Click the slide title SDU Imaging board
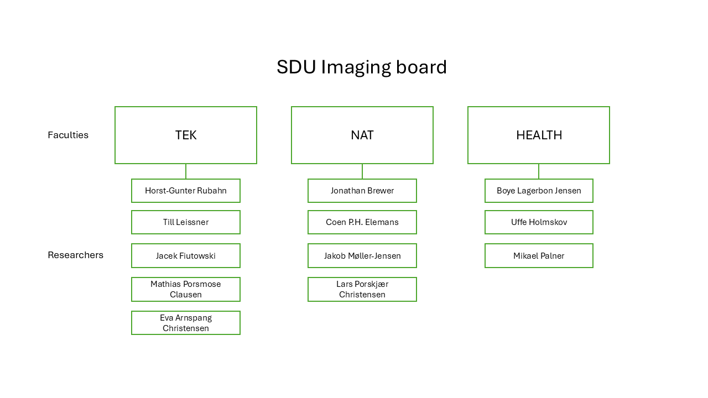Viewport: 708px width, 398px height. point(362,67)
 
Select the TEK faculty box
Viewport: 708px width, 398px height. point(186,135)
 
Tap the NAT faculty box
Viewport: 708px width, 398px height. point(362,135)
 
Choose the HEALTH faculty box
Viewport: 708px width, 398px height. point(539,135)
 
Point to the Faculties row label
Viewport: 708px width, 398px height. point(68,135)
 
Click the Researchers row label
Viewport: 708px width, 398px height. point(75,255)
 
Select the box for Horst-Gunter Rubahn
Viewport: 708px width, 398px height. point(186,191)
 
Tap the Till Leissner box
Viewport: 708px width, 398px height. point(186,222)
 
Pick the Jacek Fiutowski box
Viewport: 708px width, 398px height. point(186,256)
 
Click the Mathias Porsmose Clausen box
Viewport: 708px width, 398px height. point(186,289)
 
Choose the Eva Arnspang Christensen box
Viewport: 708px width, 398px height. point(186,323)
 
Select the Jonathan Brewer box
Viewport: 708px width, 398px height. point(362,191)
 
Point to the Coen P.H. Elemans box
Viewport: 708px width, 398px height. point(362,222)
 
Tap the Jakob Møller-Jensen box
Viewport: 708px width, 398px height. point(362,256)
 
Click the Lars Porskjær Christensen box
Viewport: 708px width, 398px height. point(362,289)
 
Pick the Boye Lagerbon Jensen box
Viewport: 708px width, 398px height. point(539,191)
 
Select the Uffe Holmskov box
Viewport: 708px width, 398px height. point(539,222)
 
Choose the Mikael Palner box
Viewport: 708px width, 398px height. point(539,256)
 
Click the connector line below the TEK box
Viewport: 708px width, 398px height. point(186,171)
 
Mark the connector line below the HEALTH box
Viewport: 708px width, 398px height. point(539,171)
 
